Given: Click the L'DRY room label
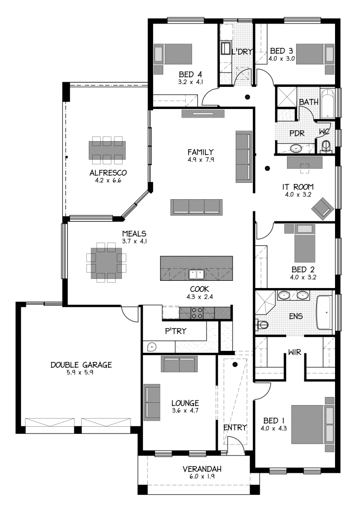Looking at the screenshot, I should click(244, 51).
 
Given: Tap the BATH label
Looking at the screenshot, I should click(309, 102).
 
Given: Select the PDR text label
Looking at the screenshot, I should click(297, 133).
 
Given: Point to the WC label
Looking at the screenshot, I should click(324, 132).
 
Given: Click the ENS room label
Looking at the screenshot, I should click(296, 316).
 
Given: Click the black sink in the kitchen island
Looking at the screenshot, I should click(196, 274).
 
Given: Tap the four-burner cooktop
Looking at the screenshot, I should click(197, 313).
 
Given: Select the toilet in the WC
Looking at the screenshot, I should click(326, 145).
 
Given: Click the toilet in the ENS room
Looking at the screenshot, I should click(263, 325).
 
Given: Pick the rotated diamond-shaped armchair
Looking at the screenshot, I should click(323, 209).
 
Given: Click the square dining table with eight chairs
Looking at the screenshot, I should click(106, 263).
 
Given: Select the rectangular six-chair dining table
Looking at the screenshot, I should click(107, 150).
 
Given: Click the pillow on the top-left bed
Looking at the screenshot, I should click(158, 54).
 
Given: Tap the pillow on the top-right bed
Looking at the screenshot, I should click(329, 54).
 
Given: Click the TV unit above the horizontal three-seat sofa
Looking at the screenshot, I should click(203, 114).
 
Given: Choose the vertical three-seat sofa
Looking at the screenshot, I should click(243, 156).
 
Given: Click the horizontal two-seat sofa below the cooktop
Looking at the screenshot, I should click(179, 364).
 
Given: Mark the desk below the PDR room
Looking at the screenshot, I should click(304, 162).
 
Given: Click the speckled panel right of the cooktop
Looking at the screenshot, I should click(222, 313).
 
